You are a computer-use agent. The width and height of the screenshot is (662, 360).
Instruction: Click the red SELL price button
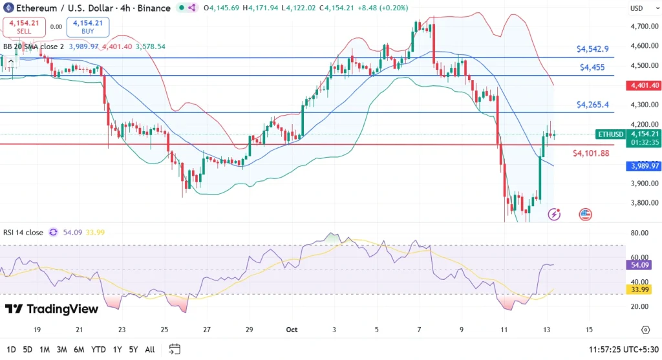(24, 26)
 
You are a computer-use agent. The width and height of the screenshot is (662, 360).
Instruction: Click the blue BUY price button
(88, 26)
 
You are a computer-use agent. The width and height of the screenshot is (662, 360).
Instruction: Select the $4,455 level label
(592, 67)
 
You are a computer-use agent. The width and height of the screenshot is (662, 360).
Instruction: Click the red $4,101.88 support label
(591, 153)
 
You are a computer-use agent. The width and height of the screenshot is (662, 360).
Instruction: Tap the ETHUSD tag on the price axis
(610, 134)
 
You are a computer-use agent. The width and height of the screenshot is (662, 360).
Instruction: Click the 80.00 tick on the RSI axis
(640, 233)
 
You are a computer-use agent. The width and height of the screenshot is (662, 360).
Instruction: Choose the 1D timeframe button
(10, 350)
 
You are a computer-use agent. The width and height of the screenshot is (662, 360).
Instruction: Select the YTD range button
(99, 350)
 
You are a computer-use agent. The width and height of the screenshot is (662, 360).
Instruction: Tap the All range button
(149, 350)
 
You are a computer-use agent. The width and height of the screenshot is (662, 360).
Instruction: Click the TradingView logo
(52, 309)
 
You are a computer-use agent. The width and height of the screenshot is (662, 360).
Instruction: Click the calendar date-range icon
(175, 349)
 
